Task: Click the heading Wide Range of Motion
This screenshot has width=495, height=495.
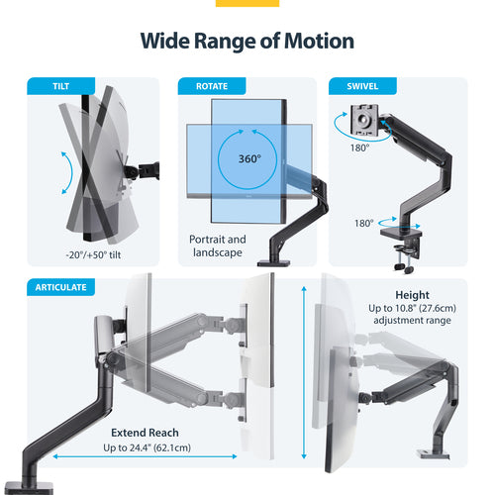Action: (247, 41)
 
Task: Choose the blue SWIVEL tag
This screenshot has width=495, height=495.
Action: (355, 86)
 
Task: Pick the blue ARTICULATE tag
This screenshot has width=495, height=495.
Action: (60, 287)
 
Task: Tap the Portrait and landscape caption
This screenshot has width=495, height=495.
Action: (218, 247)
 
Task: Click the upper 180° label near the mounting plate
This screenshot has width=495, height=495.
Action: (359, 147)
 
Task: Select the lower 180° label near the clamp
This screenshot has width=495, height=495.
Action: (365, 223)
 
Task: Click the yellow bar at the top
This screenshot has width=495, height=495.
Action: (247, 3)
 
